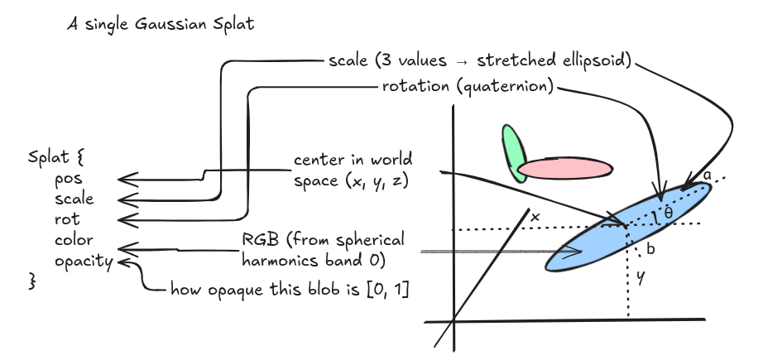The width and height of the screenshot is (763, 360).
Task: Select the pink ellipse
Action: (565, 169)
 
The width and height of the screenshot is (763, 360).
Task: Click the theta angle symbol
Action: (668, 214)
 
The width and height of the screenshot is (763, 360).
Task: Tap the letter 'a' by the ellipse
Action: (707, 175)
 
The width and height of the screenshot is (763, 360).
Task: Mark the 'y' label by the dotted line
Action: (640, 279)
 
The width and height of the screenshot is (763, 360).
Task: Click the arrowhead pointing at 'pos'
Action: (122, 178)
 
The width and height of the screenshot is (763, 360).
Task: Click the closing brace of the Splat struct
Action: (34, 282)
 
